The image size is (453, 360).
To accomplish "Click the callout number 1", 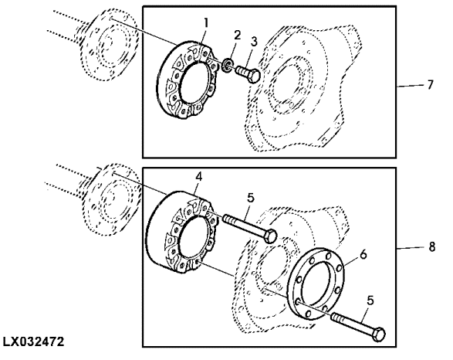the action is click(206, 23).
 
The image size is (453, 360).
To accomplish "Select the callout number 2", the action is click(237, 36).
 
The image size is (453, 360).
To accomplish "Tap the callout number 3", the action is click(254, 42).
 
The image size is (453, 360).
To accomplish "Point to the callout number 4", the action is click(199, 177).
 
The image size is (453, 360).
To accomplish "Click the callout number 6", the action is click(363, 254).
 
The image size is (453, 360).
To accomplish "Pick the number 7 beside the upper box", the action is click(430, 85).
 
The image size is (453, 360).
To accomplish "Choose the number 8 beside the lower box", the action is click(431, 247).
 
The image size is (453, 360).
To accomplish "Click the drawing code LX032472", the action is click(33, 341).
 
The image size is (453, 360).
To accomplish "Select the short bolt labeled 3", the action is click(248, 73).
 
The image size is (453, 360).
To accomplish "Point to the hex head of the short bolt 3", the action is click(254, 76).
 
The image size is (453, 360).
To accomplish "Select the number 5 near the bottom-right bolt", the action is click(370, 301).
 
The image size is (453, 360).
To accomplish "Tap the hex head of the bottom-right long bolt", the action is click(378, 334).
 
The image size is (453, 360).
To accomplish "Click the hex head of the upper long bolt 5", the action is click(270, 235).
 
